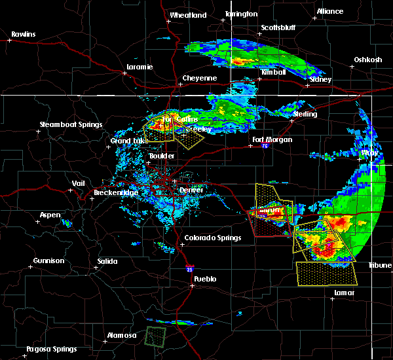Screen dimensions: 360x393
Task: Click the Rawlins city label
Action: (23, 34)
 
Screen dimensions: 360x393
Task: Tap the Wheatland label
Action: (188, 15)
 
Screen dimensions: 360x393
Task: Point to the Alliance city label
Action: (329, 11)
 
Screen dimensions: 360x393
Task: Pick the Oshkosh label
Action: (367, 60)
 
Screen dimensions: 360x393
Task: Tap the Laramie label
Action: (140, 67)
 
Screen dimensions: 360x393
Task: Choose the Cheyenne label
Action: (199, 78)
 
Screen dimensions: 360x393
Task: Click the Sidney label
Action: (320, 79)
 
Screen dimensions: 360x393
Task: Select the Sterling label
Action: (305, 114)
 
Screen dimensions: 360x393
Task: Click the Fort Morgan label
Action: (272, 139)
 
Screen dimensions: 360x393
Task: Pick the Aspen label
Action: (50, 215)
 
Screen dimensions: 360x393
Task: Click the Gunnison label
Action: (49, 261)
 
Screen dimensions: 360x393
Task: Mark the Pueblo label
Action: (203, 278)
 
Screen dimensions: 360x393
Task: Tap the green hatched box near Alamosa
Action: (155, 336)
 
